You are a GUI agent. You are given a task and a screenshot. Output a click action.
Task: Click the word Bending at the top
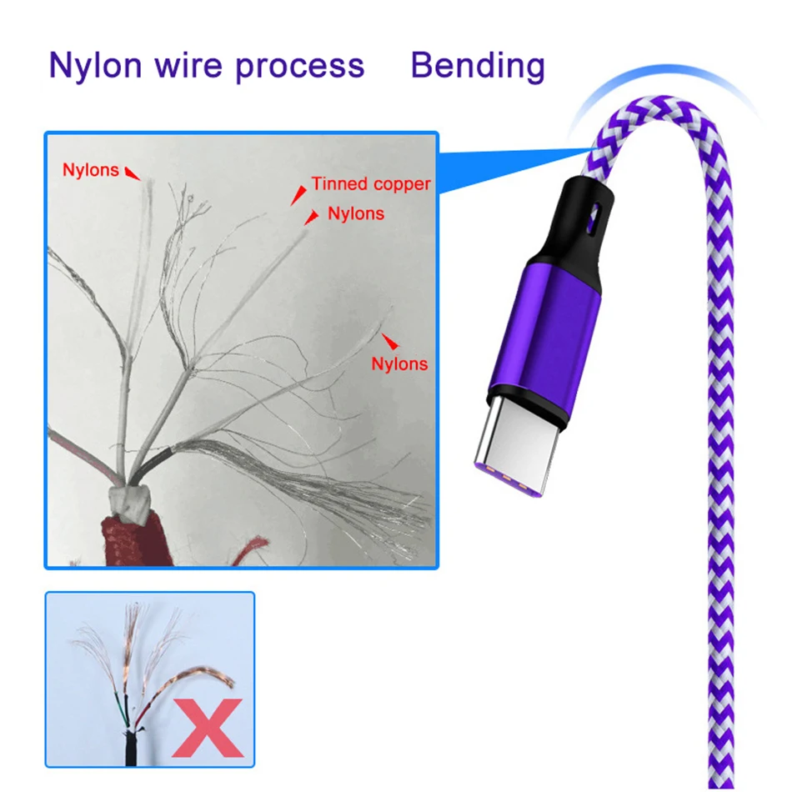478,66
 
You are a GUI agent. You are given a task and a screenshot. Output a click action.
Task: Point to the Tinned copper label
371,184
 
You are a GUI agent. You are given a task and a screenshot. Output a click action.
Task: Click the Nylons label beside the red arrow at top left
90,170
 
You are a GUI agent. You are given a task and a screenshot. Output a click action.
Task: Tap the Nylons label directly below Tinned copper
356,213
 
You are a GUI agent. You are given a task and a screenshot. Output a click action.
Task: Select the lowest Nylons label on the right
399,363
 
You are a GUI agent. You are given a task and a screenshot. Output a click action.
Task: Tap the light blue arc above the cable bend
659,88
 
